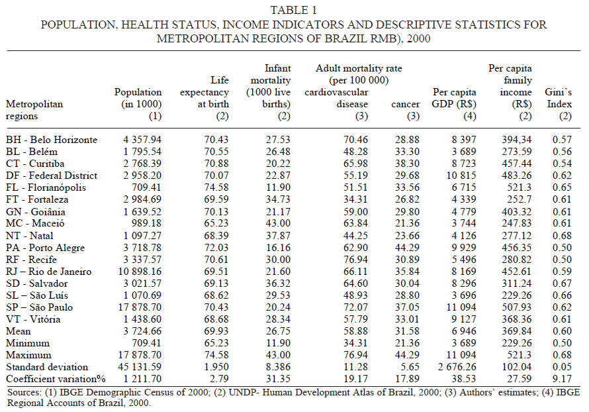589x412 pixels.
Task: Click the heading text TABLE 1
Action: point(294,9)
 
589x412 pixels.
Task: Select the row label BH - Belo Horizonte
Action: point(52,140)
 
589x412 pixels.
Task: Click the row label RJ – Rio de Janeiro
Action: point(51,272)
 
